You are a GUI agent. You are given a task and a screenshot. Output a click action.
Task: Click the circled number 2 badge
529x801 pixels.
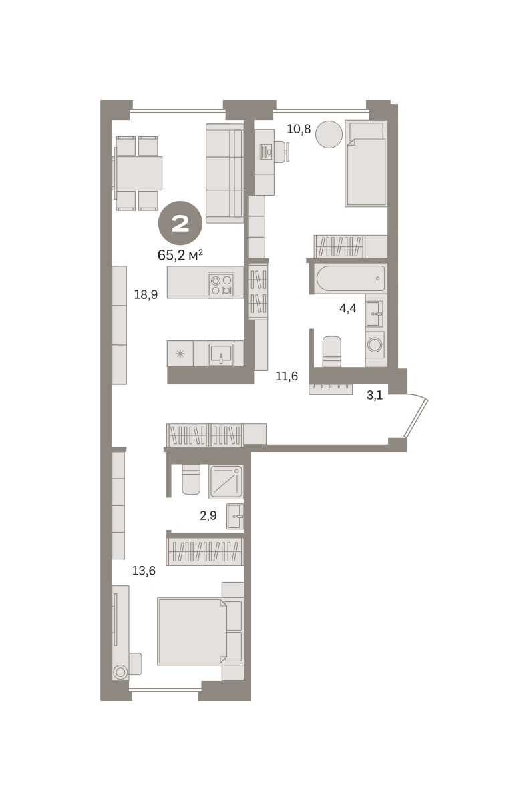pos(180,223)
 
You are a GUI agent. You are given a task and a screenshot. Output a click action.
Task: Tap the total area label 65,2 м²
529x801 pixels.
pos(180,255)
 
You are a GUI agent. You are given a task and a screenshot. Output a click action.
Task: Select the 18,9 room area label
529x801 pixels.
pos(146,294)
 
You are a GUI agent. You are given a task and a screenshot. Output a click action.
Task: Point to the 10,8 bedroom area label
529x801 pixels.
pos(299,129)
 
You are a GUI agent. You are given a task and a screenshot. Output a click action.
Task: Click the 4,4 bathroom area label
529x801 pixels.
pos(347,308)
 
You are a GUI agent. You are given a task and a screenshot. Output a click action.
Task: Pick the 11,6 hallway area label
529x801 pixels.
pos(287,376)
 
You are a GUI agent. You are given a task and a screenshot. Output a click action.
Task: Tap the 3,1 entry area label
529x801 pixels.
pos(375,395)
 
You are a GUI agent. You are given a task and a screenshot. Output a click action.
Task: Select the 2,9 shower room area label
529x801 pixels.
pos(208,515)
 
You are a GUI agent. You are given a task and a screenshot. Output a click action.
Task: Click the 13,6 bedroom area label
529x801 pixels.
pos(144,571)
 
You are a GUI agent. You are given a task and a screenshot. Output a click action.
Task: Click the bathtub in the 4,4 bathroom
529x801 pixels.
pos(351,278)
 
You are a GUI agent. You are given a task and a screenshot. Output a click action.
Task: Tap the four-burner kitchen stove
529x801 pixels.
pos(221,284)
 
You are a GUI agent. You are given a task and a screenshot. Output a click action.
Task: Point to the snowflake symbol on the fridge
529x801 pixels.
pos(180,354)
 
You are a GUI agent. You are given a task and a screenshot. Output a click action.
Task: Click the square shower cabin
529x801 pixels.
pos(226,482)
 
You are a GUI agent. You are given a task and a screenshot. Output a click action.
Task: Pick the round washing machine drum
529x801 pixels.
pos(375,345)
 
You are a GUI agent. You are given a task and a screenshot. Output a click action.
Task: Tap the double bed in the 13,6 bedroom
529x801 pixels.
pos(192,631)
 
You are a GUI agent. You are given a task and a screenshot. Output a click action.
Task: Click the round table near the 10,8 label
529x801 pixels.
pos(329,134)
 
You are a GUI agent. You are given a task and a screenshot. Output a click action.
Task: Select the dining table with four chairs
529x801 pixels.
pos(138,173)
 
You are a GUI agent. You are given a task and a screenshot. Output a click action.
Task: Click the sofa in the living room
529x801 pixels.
pos(224,174)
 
